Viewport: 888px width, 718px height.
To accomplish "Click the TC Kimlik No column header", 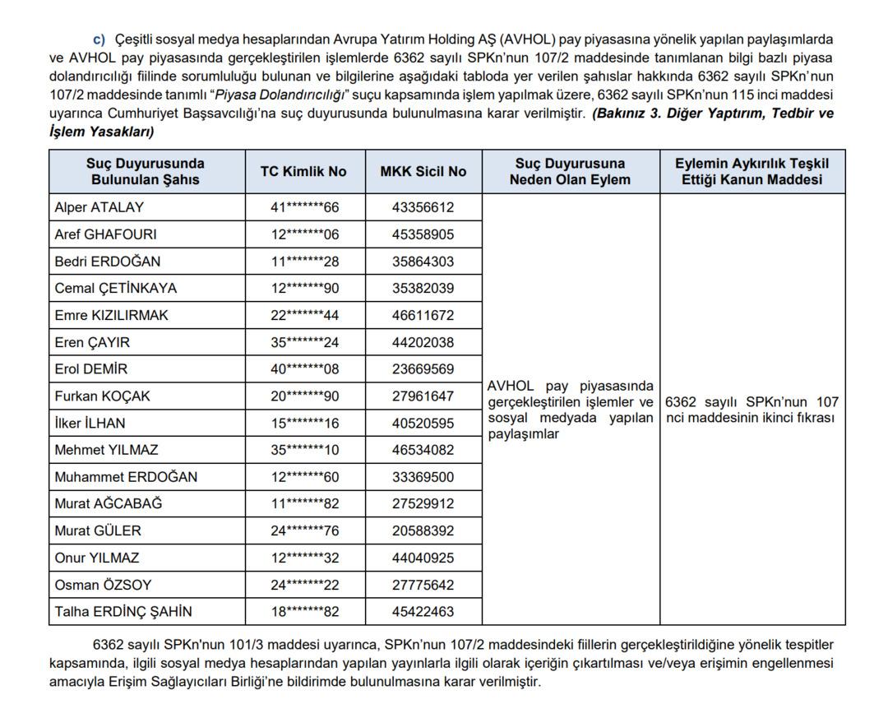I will point(303,172).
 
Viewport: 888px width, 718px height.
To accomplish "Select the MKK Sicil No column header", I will point(423,172).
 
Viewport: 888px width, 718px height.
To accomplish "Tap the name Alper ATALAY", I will point(99,207).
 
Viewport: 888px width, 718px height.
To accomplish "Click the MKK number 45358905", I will point(423,234).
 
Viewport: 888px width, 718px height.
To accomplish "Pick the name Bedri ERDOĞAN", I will point(108,262).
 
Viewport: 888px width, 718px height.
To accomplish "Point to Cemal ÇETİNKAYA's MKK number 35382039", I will point(423,289).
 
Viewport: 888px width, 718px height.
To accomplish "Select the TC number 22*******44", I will point(304,316).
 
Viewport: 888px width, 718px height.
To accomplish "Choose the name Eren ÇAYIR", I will point(92,343).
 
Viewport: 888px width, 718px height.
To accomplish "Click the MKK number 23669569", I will point(423,369).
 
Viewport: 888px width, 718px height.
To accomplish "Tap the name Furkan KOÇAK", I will point(103,396).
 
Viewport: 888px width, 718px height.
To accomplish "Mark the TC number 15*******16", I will point(304,424).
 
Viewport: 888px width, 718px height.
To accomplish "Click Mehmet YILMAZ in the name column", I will point(106,451).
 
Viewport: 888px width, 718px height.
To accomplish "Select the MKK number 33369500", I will point(423,477).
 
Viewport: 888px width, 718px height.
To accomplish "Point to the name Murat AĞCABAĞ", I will point(109,504).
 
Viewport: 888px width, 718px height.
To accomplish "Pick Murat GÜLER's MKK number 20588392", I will point(423,531).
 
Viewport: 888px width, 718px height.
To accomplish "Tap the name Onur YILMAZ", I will point(98,558).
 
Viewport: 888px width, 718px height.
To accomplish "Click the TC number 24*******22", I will point(304,586).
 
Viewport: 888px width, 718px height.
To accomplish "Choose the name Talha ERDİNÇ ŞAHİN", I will point(123,612).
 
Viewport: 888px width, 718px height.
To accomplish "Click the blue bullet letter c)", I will point(99,39).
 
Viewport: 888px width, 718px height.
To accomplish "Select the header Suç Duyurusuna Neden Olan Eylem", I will point(570,172).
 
